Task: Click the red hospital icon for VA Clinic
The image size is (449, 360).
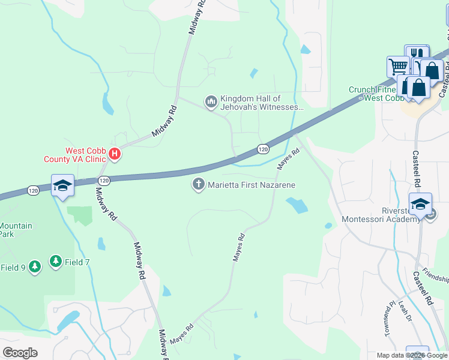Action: (x=115, y=155)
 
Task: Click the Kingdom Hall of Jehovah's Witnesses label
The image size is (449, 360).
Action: (x=261, y=103)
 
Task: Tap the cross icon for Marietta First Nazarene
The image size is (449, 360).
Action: (x=198, y=185)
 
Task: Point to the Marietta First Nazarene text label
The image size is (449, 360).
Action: (x=252, y=185)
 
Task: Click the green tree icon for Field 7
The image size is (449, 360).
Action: (x=56, y=261)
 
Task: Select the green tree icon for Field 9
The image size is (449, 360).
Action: (x=34, y=266)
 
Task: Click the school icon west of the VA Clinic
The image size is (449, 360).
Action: (x=62, y=184)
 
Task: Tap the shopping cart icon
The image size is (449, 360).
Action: (x=397, y=65)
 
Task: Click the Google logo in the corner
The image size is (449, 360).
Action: (x=20, y=353)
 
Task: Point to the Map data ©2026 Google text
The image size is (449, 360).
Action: (x=412, y=355)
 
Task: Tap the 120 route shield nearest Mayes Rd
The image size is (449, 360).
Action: (x=263, y=148)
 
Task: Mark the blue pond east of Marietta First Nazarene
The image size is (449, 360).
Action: (x=297, y=206)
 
